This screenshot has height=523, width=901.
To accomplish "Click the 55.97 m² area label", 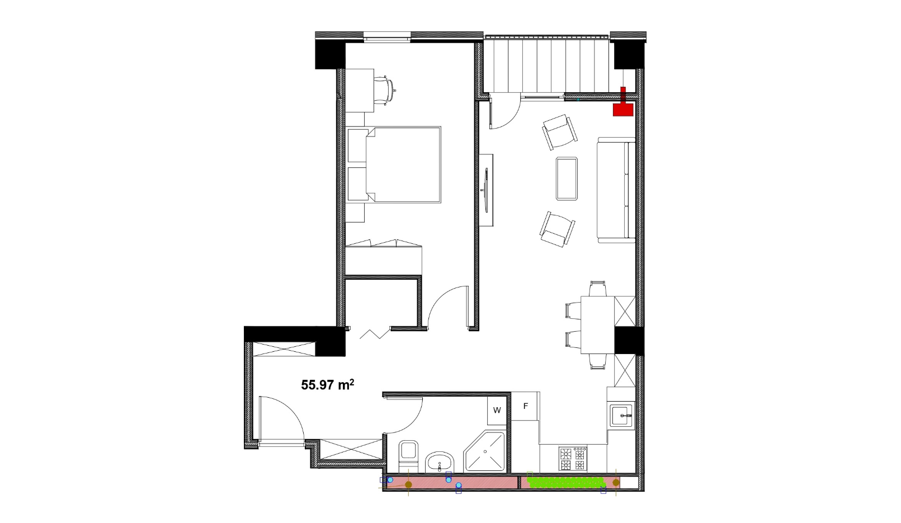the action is point(327,385).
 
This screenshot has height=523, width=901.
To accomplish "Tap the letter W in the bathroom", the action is point(497,411).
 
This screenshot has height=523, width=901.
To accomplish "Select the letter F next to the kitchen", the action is point(525,406).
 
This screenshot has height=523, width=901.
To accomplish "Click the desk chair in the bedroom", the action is point(385,91).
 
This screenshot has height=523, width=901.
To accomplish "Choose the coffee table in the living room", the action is point(567,178).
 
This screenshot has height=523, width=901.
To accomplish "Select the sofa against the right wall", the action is point(616,190).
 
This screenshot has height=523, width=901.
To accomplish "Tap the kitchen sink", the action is point(621,416).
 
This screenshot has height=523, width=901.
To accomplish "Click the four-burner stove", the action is point(573,458).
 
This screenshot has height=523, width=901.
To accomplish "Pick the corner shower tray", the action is point(484,451).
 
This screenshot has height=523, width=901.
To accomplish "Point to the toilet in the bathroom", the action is point(409,456).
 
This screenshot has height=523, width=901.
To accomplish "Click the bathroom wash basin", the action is point(440,462).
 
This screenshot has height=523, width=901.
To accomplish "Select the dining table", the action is point(598,324).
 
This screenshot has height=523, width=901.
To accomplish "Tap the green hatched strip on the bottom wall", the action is point(566,482).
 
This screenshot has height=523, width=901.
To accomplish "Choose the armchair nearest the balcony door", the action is point(559,132).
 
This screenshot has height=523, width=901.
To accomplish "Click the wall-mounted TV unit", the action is point(487,190).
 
